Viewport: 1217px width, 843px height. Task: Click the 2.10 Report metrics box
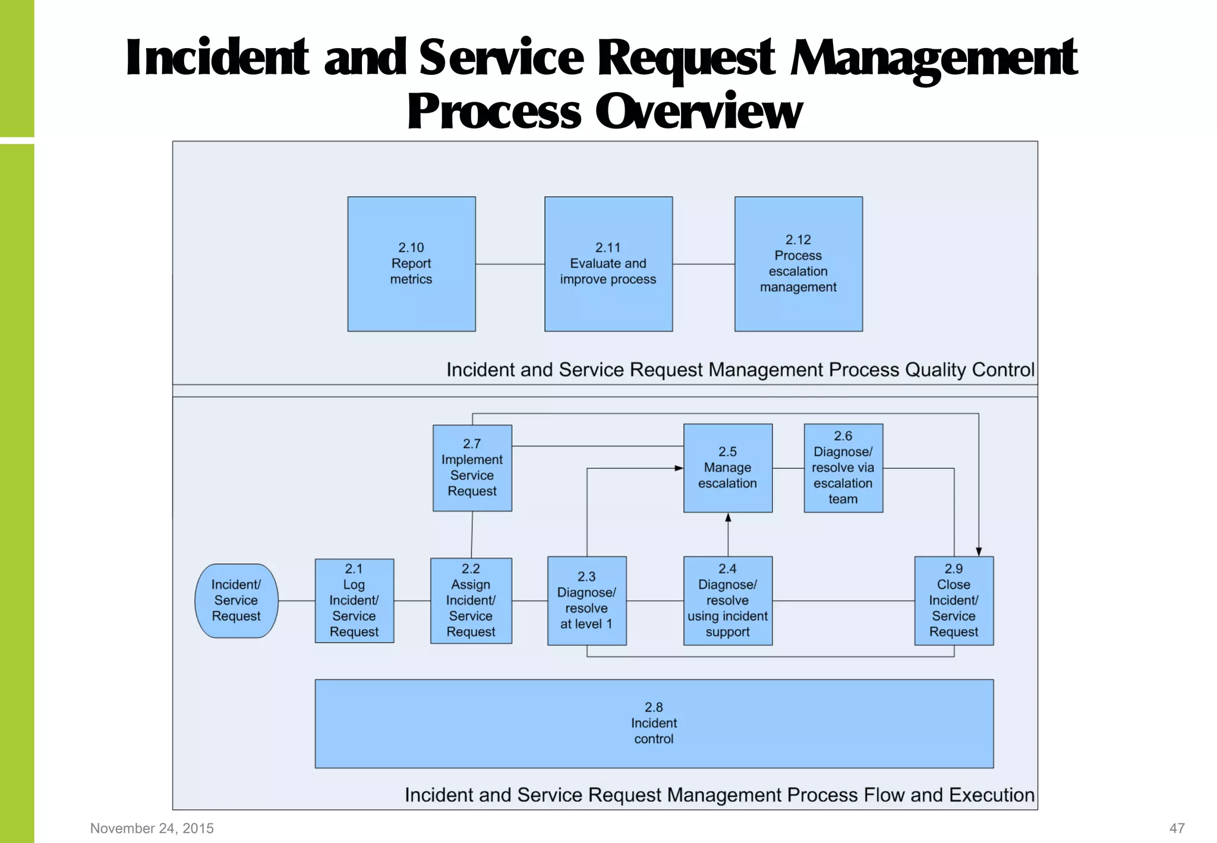[x=411, y=264]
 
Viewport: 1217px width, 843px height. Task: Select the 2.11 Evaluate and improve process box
[x=608, y=264]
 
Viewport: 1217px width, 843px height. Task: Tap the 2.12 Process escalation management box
[x=798, y=264]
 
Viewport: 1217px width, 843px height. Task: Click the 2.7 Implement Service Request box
[x=472, y=468]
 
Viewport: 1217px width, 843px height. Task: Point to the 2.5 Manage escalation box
[x=727, y=468]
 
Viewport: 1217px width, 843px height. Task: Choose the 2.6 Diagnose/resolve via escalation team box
[x=843, y=468]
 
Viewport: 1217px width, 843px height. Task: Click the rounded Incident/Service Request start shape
[x=236, y=600]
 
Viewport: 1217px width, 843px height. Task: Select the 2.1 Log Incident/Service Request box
[x=354, y=600]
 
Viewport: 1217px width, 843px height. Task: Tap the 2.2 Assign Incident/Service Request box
[x=471, y=600]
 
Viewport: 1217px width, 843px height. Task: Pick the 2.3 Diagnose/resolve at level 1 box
[x=587, y=600]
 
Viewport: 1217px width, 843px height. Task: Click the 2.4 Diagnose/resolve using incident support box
[x=727, y=600]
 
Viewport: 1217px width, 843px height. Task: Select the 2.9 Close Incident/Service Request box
[x=953, y=600]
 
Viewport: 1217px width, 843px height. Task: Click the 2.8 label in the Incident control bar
[x=654, y=707]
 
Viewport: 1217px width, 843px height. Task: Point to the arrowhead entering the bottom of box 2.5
[x=728, y=517]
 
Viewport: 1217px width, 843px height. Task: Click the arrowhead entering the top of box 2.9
[x=979, y=552]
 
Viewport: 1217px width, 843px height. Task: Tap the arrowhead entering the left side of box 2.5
[x=679, y=468]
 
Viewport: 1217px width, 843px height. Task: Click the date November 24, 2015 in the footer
[x=152, y=828]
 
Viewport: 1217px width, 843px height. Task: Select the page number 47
[x=1177, y=828]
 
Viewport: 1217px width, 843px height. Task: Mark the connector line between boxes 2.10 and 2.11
[x=510, y=264]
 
